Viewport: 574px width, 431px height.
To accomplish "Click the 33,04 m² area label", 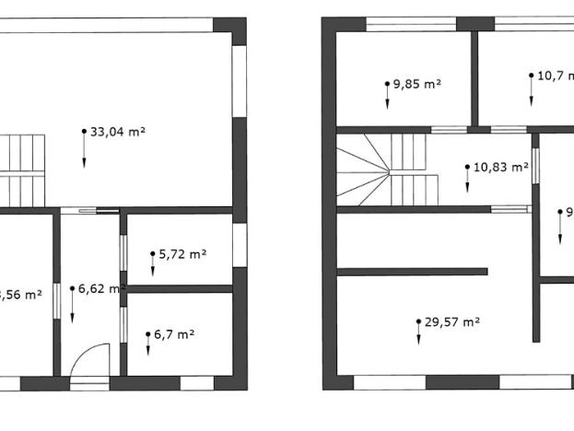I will [x=118, y=132].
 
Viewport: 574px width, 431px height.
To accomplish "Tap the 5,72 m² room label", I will [x=182, y=253].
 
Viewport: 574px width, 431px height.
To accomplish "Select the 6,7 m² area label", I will [x=175, y=334].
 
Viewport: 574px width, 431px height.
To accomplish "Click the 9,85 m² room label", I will [x=417, y=84].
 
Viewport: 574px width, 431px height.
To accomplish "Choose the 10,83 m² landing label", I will [x=500, y=168].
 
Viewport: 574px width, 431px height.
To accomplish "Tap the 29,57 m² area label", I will [x=452, y=322].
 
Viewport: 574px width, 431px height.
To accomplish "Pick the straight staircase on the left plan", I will [x=22, y=169].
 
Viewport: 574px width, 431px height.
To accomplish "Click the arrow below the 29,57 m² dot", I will [x=418, y=336].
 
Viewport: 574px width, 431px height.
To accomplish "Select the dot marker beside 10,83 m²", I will [x=467, y=169].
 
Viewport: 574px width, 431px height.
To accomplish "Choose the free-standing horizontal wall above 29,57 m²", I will [x=412, y=272].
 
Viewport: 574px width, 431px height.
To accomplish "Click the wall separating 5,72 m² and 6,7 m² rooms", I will [x=179, y=288].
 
